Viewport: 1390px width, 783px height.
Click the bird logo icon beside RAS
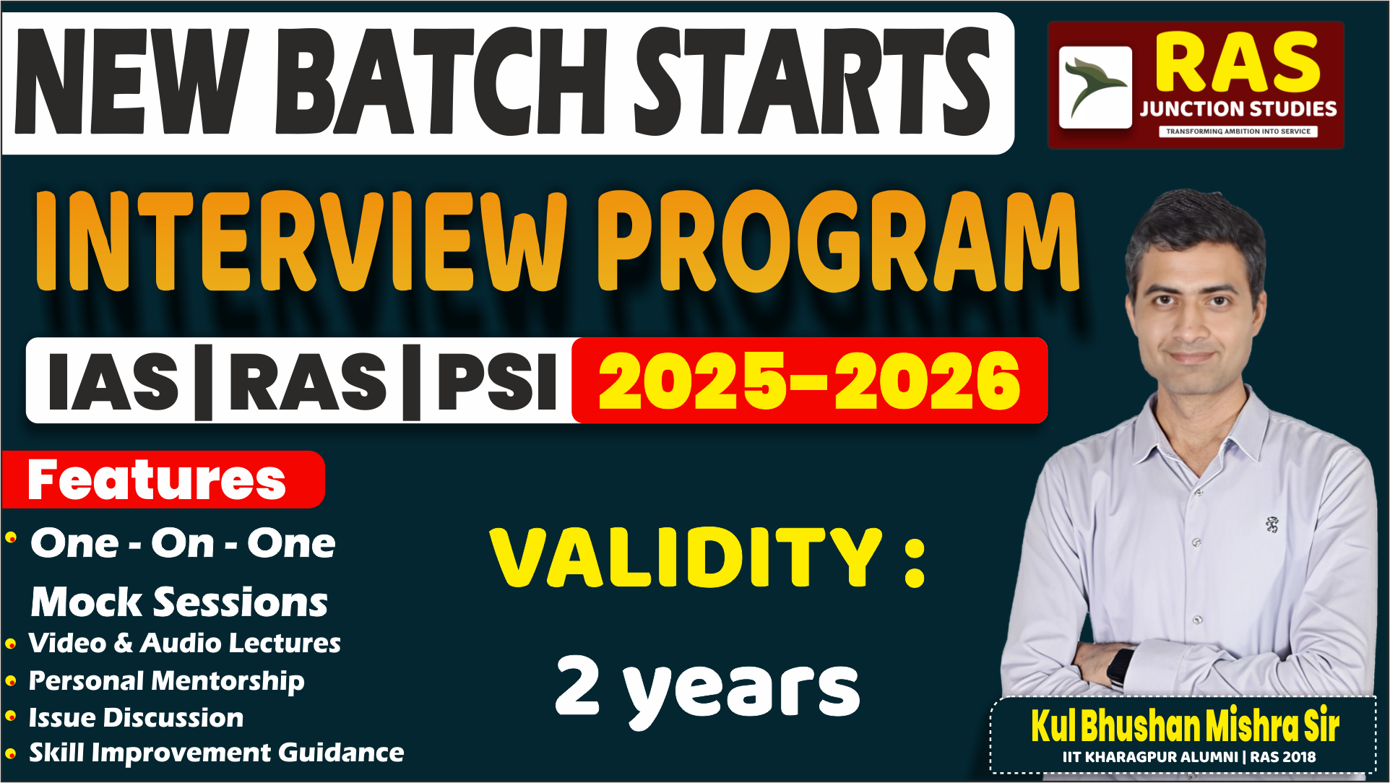pyautogui.click(x=1095, y=87)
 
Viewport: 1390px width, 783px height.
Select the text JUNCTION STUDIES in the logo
pyautogui.click(x=1238, y=109)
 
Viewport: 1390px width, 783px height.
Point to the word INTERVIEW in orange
pyautogui.click(x=300, y=242)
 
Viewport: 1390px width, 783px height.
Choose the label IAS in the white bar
pyautogui.click(x=113, y=381)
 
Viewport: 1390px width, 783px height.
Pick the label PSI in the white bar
pyautogui.click(x=497, y=381)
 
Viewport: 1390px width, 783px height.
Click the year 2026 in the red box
pyautogui.click(x=928, y=381)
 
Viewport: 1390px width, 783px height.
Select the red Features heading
pyautogui.click(x=157, y=480)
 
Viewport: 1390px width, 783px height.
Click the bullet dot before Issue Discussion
pyautogui.click(x=11, y=717)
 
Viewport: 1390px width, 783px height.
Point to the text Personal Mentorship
pyautogui.click(x=166, y=680)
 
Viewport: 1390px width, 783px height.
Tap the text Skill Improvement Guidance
pyautogui.click(x=216, y=753)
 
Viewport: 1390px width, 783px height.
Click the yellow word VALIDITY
pyautogui.click(x=686, y=558)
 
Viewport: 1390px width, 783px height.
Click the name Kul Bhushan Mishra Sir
pyautogui.click(x=1185, y=725)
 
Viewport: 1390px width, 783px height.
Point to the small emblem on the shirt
pyautogui.click(x=1272, y=524)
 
